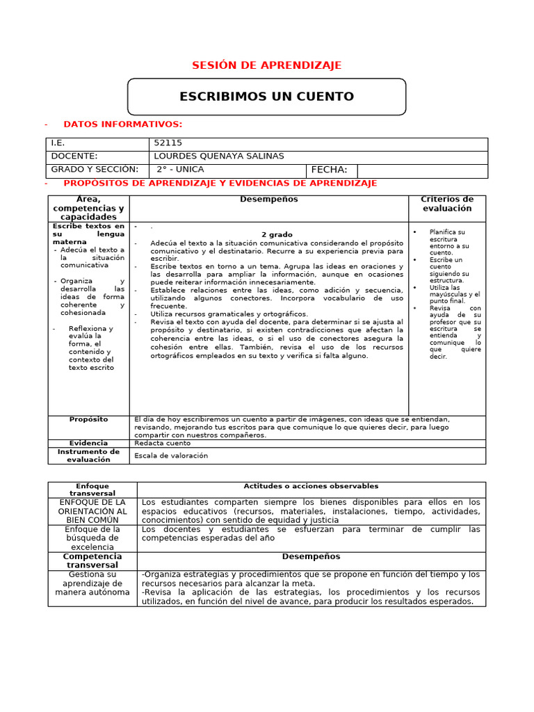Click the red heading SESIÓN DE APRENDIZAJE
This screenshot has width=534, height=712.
pyautogui.click(x=266, y=65)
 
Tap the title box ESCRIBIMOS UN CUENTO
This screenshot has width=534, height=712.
pyautogui.click(x=266, y=97)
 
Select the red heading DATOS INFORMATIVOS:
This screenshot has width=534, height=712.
pyautogui.click(x=122, y=124)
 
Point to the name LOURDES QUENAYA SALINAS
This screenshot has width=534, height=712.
pyautogui.click(x=218, y=156)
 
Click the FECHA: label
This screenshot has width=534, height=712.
pyautogui.click(x=329, y=170)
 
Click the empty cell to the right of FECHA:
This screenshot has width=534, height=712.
pyautogui.click(x=421, y=171)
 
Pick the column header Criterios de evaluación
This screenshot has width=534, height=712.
pyautogui.click(x=447, y=204)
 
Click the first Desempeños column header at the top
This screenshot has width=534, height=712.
pyautogui.click(x=268, y=200)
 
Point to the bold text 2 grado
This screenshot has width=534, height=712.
pyautogui.click(x=277, y=235)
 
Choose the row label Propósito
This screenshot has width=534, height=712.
pyautogui.click(x=88, y=420)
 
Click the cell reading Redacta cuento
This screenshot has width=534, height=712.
pyautogui.click(x=162, y=443)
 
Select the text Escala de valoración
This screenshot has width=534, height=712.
pyautogui.click(x=171, y=456)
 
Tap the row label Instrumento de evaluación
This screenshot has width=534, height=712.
pyautogui.click(x=88, y=455)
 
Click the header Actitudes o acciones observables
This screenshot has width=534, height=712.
pyautogui.click(x=311, y=486)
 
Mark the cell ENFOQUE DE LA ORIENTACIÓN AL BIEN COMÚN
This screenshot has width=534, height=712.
pyautogui.click(x=92, y=510)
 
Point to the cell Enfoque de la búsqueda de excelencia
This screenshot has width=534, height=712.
pyautogui.click(x=92, y=538)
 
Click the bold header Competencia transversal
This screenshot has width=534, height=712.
pyautogui.click(x=92, y=561)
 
